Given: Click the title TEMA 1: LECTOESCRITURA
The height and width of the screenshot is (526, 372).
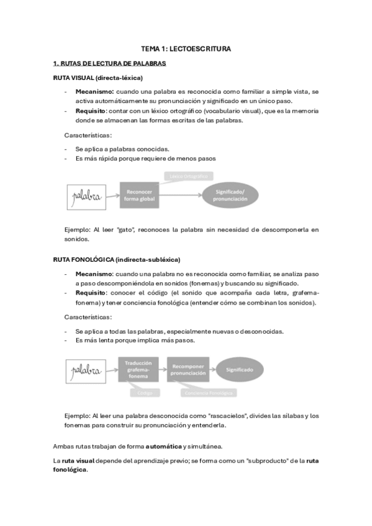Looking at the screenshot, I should click(x=186, y=48).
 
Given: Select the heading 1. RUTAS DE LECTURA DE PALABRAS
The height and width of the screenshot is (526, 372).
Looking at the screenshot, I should click(x=109, y=63).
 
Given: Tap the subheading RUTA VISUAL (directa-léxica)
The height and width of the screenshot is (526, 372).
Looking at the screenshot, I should click(x=98, y=78).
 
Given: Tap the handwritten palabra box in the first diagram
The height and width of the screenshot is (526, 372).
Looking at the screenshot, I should click(x=86, y=197).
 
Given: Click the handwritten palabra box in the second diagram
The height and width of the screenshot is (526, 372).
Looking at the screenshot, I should click(x=86, y=371).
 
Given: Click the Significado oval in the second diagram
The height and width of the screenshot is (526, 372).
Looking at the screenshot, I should click(x=239, y=370).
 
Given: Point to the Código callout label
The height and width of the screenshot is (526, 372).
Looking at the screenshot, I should click(x=145, y=393).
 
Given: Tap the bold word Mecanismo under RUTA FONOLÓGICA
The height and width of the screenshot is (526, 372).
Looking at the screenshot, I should click(x=94, y=273).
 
